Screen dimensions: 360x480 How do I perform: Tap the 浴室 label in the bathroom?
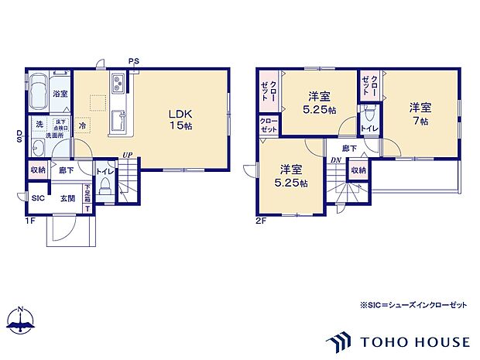click(60, 94)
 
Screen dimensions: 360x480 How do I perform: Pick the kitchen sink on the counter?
click(120, 122)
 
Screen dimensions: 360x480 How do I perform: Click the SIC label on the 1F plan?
click(37, 198)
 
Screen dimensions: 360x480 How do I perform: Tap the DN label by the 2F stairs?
click(334, 160)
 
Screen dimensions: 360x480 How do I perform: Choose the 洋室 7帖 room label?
click(420, 115)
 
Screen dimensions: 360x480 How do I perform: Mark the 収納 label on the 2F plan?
click(358, 170)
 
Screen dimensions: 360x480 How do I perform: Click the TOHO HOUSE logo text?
click(413, 341)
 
